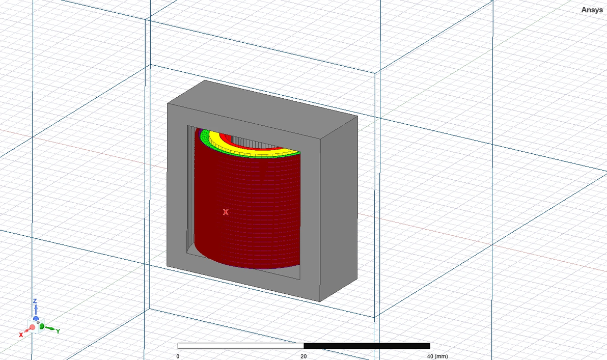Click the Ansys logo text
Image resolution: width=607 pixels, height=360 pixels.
point(592,10)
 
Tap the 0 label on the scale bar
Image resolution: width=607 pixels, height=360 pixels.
point(178,356)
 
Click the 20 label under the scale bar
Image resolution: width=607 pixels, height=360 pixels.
point(303,356)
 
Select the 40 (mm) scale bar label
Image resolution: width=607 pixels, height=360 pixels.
point(436,356)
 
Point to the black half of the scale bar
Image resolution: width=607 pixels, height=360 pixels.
point(367,346)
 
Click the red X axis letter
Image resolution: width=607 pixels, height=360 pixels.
point(21,335)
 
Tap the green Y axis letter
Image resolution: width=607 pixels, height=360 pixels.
point(58,331)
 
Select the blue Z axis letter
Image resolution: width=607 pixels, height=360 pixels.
point(35,301)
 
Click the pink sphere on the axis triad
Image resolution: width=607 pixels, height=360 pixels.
point(32,327)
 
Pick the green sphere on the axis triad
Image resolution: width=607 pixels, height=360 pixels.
point(42,326)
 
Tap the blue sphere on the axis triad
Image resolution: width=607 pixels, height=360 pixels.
point(36,318)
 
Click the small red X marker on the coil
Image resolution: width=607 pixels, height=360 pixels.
point(226,212)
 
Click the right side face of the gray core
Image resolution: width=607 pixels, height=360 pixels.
point(339,209)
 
